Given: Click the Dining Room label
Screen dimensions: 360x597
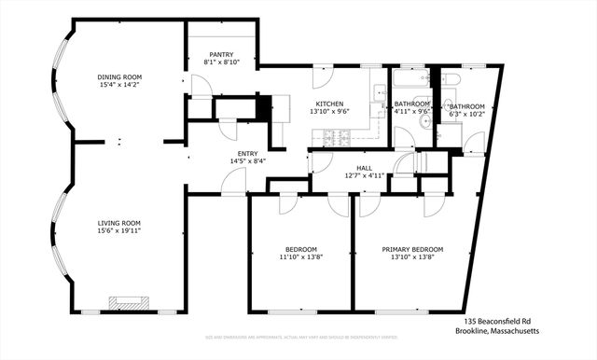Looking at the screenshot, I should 119,77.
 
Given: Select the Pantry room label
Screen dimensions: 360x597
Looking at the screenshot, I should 221,54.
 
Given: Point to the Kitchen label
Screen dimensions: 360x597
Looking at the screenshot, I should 329,104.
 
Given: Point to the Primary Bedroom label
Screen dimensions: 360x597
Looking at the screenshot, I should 412,249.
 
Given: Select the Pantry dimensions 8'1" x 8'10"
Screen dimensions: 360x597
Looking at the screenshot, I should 221,62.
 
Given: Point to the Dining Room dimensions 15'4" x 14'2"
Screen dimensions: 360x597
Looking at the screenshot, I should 119,86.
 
